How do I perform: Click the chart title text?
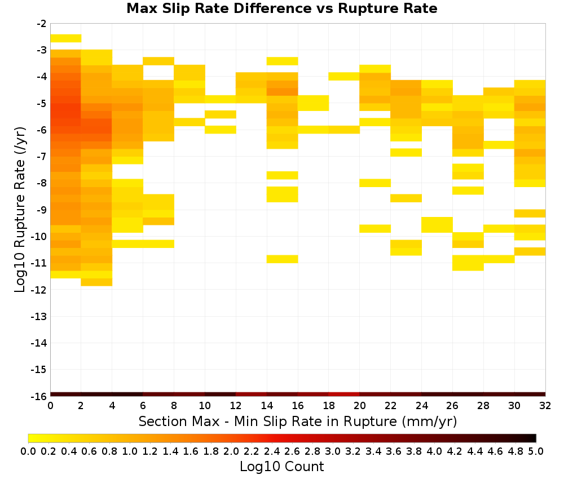pos(281,8)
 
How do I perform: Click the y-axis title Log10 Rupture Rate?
pos(20,210)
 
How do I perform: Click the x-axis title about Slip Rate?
pos(297,421)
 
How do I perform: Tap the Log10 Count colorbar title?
pos(281,467)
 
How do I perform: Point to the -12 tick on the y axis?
pos(39,290)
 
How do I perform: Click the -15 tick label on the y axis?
pos(39,370)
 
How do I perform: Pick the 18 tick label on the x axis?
pos(328,406)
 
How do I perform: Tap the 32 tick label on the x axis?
pos(545,406)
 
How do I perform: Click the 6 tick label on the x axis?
pos(143,406)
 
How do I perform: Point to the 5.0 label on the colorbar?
pos(536,451)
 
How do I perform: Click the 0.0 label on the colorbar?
pos(28,451)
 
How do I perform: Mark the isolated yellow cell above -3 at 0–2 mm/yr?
pos(66,38)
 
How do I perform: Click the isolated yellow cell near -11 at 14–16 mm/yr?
pos(283,259)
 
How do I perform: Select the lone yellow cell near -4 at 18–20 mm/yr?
pos(344,76)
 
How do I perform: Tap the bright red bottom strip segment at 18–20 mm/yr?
pos(344,394)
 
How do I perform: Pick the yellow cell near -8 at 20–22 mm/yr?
pos(375,183)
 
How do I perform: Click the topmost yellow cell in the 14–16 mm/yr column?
pos(283,61)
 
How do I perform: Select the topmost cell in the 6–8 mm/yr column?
pos(158,61)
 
